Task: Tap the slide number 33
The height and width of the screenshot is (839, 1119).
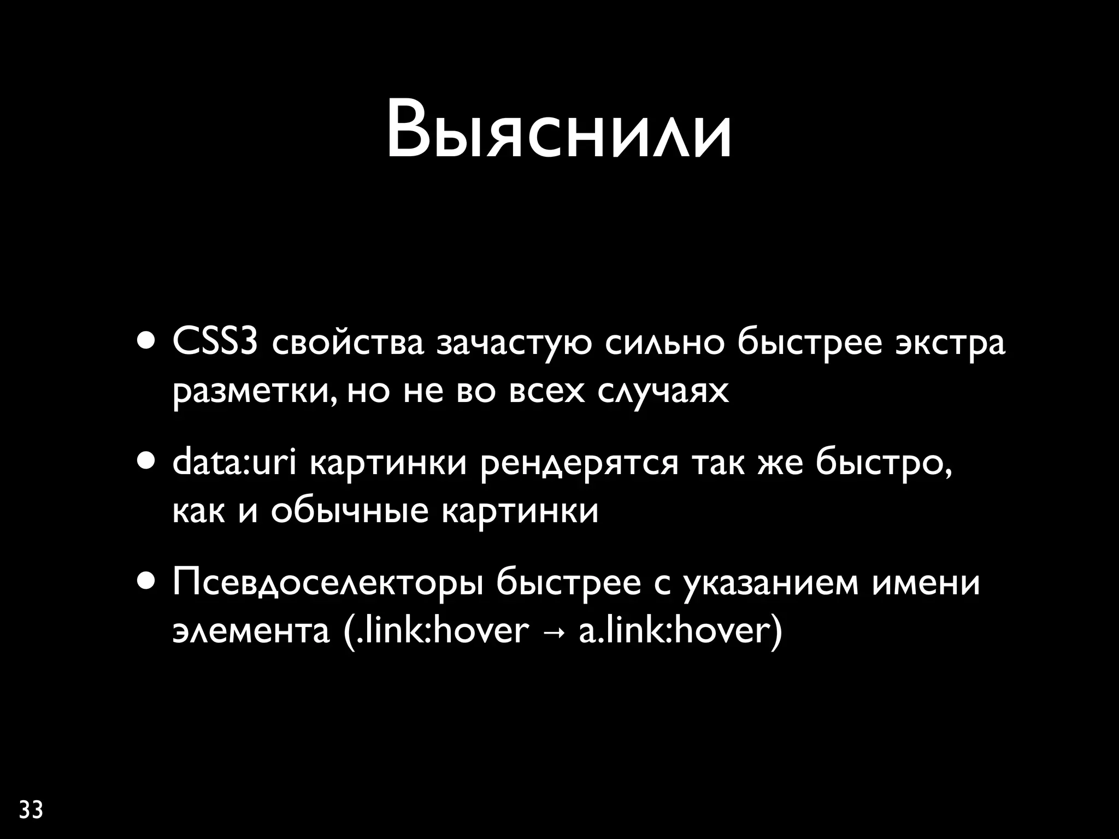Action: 31,810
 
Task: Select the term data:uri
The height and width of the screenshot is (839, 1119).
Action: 234,463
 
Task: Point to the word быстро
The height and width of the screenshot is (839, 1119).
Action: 883,463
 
